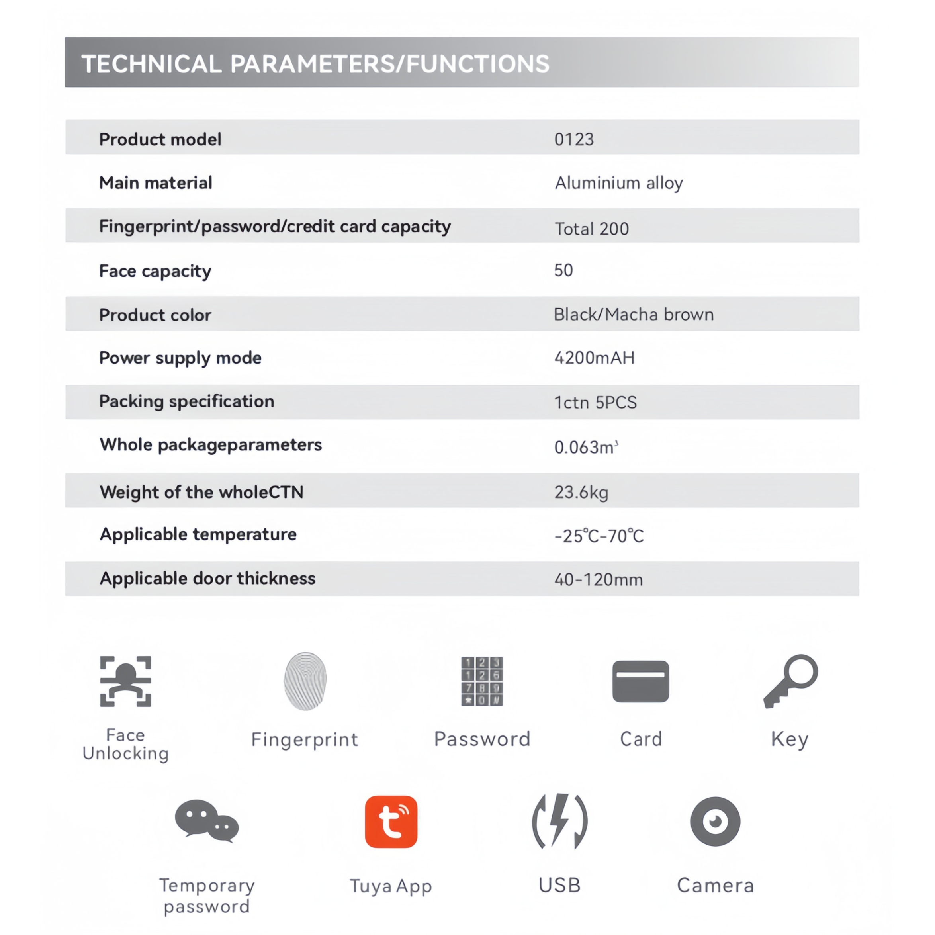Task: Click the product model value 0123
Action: [573, 139]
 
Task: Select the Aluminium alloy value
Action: [618, 183]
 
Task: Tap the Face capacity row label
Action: [155, 271]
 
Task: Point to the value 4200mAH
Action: [594, 358]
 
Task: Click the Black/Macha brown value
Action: [634, 315]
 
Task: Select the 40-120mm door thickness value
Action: [598, 579]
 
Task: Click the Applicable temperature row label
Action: [198, 534]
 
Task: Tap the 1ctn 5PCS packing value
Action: [595, 402]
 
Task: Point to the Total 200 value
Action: [591, 229]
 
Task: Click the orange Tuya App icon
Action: [391, 822]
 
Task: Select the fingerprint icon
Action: [305, 681]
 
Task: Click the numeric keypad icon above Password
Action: [482, 681]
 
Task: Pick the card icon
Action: [640, 681]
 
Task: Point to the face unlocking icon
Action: [125, 681]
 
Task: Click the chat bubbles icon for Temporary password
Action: [207, 821]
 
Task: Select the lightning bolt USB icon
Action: [559, 821]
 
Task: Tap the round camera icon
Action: [715, 821]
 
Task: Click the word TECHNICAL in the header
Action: [151, 64]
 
